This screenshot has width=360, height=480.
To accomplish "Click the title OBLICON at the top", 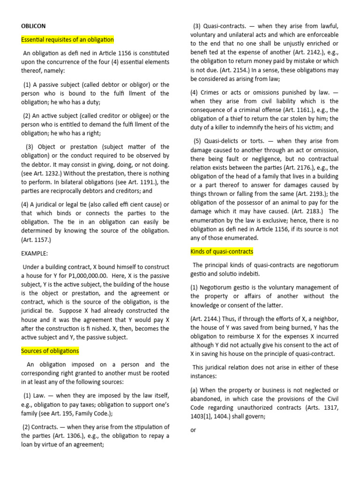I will tap(33, 26).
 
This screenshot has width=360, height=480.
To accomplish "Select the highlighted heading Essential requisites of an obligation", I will tap(67, 40).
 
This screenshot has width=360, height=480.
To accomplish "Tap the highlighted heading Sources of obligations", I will tap(50, 351).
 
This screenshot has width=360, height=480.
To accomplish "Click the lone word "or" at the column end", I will tap(193, 430).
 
